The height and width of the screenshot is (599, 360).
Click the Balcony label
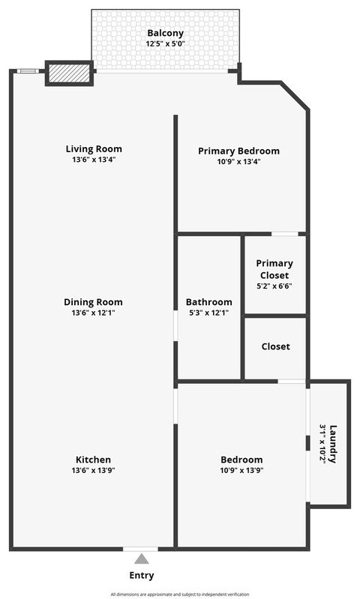point(165,33)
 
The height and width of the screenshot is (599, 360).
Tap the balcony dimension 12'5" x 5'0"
point(165,44)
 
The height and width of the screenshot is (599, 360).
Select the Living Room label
point(94,148)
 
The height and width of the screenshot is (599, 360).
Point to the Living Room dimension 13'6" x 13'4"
point(94,160)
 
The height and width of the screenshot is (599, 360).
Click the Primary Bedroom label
point(238,151)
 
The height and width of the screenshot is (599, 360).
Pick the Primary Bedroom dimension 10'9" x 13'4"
point(238,162)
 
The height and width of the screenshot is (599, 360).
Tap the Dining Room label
point(94,301)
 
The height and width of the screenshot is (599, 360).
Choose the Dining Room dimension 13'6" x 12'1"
point(94,313)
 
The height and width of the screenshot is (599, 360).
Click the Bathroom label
point(209,302)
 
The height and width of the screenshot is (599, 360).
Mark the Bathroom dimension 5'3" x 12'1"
point(209,313)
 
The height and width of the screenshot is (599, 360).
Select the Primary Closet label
point(274,268)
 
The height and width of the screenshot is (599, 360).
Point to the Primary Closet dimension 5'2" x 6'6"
point(274,286)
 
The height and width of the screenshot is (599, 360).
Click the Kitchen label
point(94,460)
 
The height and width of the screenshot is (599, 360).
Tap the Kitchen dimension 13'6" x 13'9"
point(94,471)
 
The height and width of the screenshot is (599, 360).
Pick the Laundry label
point(333,444)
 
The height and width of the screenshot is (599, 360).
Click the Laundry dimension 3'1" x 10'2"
point(323,444)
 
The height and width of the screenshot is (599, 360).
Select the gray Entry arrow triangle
point(141,559)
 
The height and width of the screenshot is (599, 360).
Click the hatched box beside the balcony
point(69,73)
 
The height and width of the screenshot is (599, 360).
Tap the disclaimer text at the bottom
point(180,594)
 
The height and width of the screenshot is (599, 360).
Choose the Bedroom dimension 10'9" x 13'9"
point(241,471)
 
